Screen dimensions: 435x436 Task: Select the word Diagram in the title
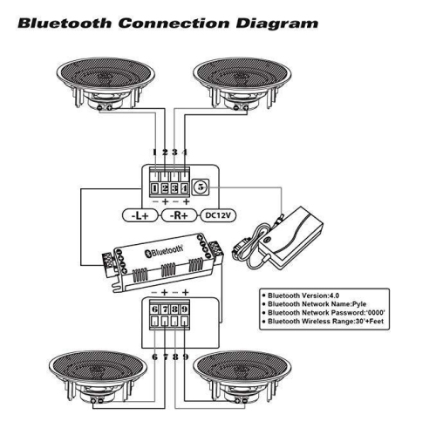[x=275, y=22]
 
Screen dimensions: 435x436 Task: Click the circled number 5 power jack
[x=201, y=186]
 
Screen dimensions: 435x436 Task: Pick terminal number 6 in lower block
[x=153, y=309]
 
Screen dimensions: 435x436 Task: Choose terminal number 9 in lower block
[x=185, y=309]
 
